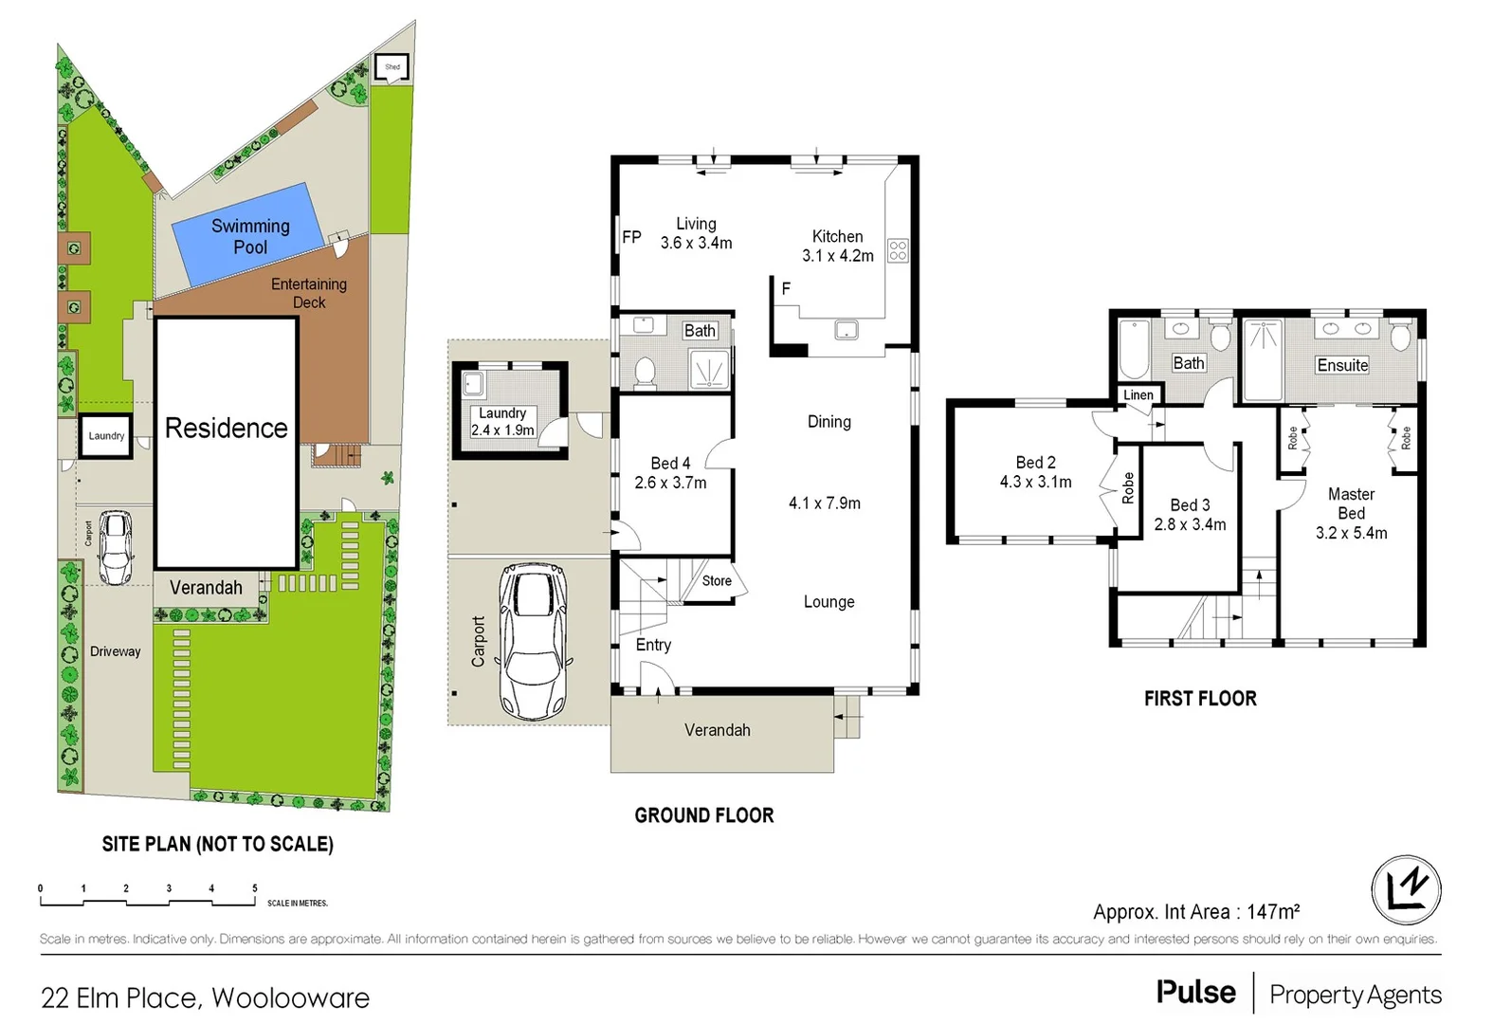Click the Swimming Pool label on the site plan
(250, 236)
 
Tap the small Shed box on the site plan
(392, 67)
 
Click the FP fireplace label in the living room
(631, 237)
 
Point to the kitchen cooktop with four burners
(898, 250)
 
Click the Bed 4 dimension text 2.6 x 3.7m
(670, 483)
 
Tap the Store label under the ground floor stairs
(717, 580)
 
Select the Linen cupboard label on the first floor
(1138, 395)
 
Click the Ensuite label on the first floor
(1342, 365)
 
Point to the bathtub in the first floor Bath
(1134, 349)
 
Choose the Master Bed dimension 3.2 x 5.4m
(1351, 533)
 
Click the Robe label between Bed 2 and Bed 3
(1128, 487)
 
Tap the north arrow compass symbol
(1406, 889)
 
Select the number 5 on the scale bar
(254, 888)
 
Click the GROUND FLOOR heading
(703, 815)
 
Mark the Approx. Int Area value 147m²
(1272, 912)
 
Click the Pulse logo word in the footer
(1195, 993)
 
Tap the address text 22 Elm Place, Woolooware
(205, 997)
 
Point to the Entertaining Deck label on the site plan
(309, 293)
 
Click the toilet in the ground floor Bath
(645, 372)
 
